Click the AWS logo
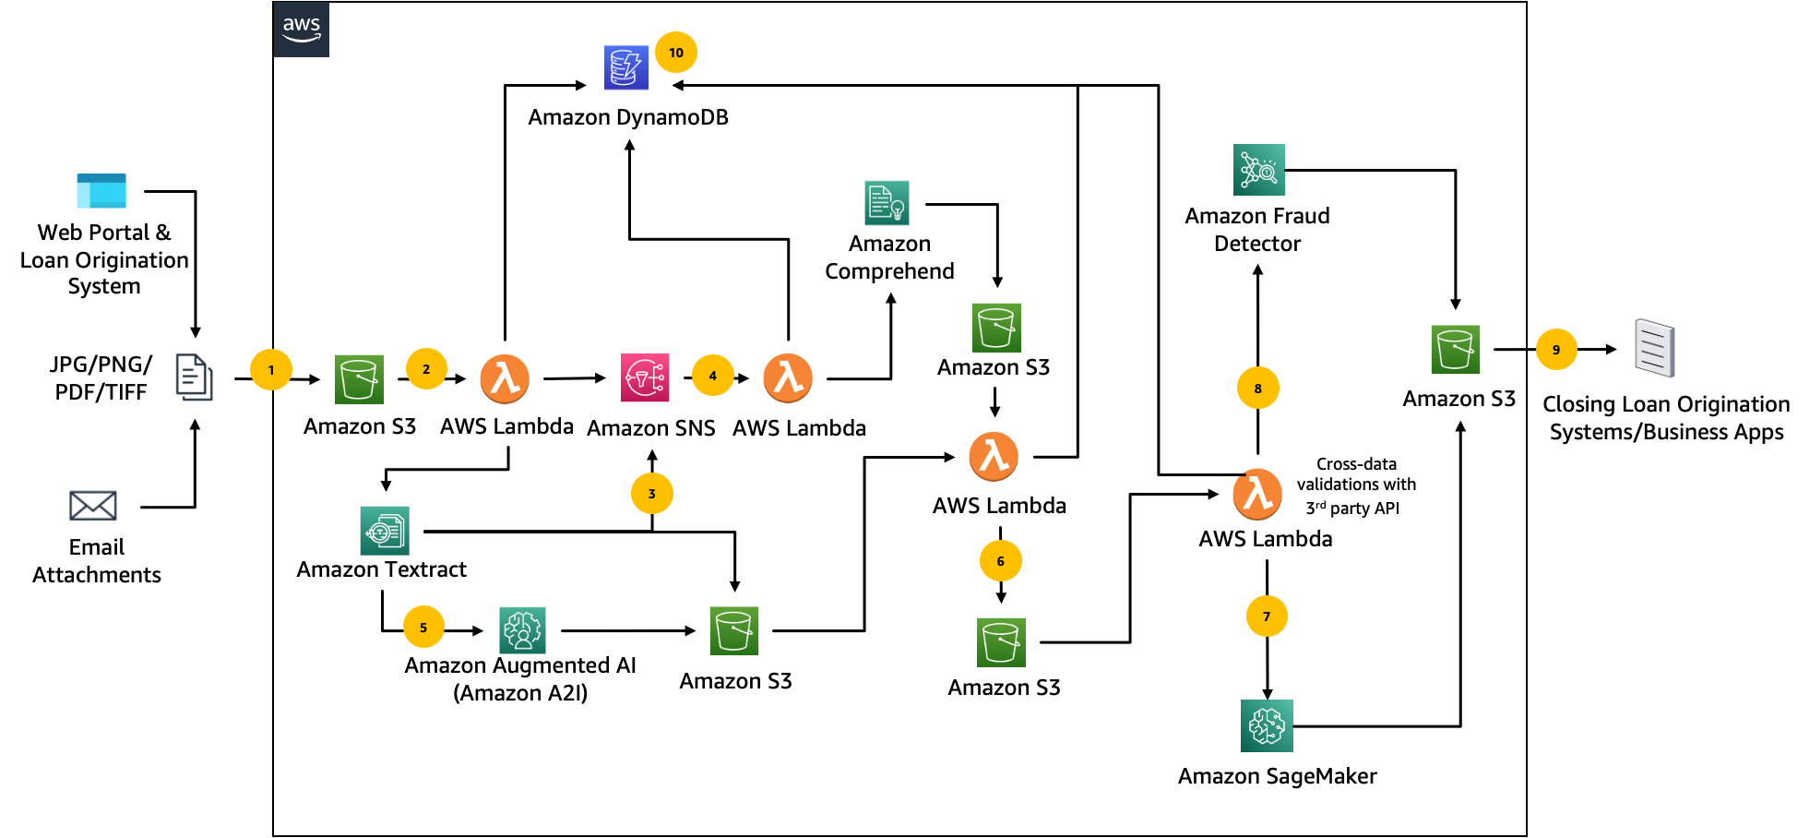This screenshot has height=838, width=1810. [302, 30]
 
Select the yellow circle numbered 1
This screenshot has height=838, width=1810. [271, 370]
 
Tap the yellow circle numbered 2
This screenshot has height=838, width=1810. [426, 369]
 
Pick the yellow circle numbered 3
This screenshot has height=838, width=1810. [652, 494]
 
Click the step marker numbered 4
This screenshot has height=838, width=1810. [713, 376]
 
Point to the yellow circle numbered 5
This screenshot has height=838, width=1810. [423, 628]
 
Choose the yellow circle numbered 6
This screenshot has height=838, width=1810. [1001, 561]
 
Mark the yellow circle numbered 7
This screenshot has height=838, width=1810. [1267, 617]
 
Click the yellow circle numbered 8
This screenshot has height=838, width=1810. [1258, 389]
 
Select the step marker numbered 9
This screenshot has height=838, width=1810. [1556, 350]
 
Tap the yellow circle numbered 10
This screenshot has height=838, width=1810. [676, 53]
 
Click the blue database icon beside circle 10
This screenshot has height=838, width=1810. [626, 67]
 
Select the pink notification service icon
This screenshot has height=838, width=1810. [645, 378]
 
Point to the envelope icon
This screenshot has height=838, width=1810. [93, 506]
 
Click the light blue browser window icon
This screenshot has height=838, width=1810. [101, 191]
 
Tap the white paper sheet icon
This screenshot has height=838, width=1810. [1654, 348]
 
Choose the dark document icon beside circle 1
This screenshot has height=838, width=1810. [194, 377]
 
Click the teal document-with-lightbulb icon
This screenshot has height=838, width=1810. [887, 203]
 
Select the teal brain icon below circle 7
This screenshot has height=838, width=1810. [1267, 726]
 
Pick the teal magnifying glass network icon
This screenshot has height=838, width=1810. [1259, 170]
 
